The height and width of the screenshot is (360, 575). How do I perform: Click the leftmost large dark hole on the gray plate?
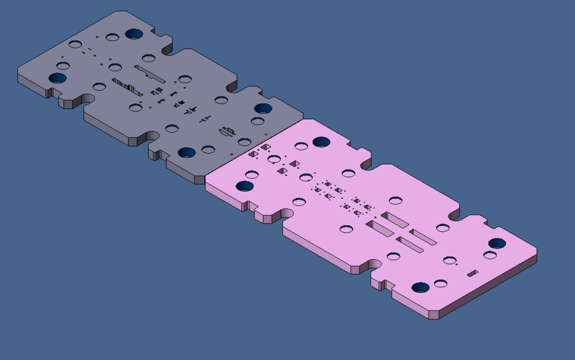tap(57, 77)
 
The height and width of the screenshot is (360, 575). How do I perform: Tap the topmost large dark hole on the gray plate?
tap(134, 32)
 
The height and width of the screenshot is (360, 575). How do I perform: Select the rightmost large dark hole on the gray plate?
tap(262, 108)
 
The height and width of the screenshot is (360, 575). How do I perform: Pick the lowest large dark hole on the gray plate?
tap(187, 152)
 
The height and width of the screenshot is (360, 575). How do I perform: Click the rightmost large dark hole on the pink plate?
tap(497, 243)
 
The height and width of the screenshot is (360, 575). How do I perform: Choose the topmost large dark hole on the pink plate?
tap(322, 142)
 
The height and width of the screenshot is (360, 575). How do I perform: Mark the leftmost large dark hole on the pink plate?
tap(244, 186)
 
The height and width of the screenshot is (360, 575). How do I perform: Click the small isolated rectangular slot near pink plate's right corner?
tap(473, 273)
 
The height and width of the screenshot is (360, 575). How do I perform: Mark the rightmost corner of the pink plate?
tap(537, 255)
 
